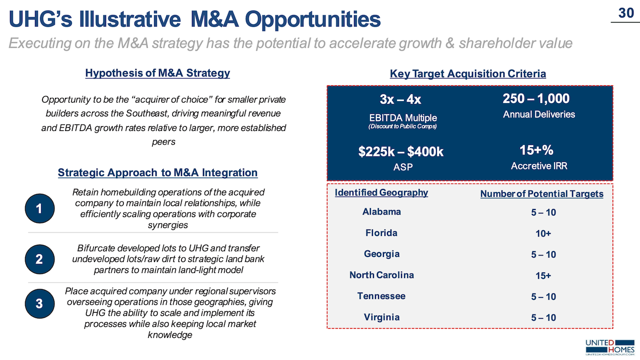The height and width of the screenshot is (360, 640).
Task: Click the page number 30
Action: point(626,13)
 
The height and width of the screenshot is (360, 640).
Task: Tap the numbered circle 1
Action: point(39,208)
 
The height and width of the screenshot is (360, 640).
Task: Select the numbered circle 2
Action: point(39,259)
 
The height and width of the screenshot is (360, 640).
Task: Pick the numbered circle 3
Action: point(39,303)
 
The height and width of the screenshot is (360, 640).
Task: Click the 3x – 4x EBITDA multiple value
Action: point(400,99)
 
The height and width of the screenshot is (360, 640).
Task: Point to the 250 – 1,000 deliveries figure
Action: point(536,98)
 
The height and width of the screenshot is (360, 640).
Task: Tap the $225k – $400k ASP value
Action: point(400,151)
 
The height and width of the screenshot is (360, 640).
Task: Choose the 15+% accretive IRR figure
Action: point(536,150)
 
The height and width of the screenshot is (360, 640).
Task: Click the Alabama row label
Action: point(381,211)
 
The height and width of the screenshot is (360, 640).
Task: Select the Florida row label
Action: point(381,233)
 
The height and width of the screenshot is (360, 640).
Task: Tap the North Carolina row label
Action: point(381,275)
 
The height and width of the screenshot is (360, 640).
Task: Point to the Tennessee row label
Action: point(381,296)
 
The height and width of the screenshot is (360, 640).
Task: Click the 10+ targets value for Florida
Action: point(543,233)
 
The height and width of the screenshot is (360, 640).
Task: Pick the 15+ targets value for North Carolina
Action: point(543,275)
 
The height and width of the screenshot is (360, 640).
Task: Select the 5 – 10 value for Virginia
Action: point(543,317)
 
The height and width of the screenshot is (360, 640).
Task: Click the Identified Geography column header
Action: point(381,192)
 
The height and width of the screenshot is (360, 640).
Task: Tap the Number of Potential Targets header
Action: point(541,194)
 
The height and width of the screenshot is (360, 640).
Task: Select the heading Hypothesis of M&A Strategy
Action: point(157,73)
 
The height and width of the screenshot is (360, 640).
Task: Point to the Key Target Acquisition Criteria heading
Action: point(467,74)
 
